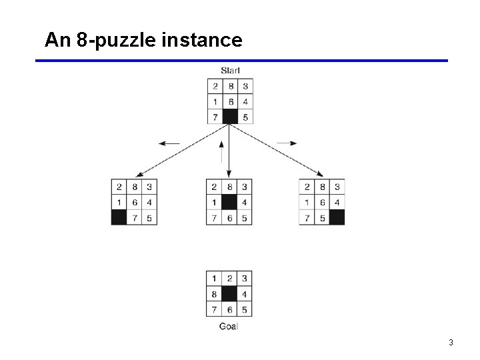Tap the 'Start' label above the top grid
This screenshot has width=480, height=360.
coord(230,70)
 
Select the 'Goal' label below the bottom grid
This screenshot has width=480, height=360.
coord(229,326)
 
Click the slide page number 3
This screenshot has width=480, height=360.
coord(451,343)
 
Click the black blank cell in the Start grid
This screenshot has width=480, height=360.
coord(230,117)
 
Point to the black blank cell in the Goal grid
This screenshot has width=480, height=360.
coord(229,294)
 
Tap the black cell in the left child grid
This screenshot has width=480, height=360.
coord(119,217)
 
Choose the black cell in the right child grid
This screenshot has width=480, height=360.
coord(337,217)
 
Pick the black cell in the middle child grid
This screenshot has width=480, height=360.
coord(229,202)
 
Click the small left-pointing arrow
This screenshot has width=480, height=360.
coord(169,143)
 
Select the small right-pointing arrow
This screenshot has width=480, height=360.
coord(287,143)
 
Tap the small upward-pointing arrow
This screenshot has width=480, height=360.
coord(222,151)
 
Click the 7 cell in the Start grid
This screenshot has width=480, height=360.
coord(215,117)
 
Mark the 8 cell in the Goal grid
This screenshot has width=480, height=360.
coord(215,294)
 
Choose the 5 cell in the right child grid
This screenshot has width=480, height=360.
coord(322,217)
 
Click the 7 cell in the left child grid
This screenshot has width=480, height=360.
coord(134,217)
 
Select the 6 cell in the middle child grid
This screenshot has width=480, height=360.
coord(229,217)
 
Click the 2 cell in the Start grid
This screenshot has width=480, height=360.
coord(215,86)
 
